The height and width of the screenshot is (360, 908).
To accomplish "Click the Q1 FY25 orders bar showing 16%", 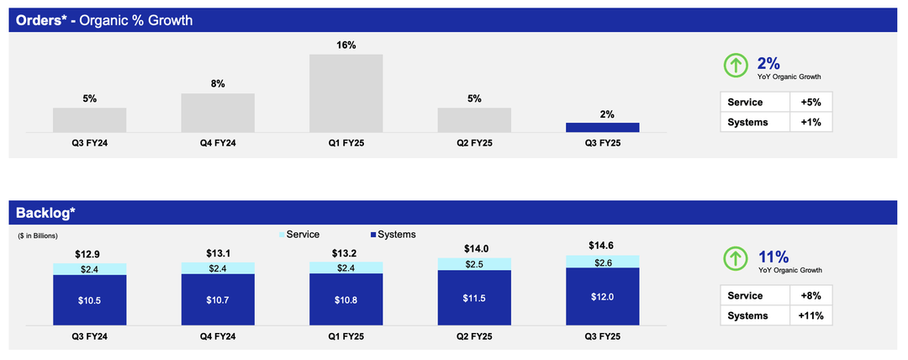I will pyautogui.click(x=346, y=93).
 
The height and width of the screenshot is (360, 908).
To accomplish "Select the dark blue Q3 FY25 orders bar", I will pyautogui.click(x=602, y=128).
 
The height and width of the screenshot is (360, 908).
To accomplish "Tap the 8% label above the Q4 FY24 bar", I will pyautogui.click(x=218, y=84).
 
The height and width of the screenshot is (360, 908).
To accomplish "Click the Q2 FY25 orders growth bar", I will pyautogui.click(x=474, y=120).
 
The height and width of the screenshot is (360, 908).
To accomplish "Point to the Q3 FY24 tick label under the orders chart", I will pyautogui.click(x=89, y=142).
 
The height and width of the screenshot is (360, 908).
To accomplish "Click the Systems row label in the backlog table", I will pyautogui.click(x=748, y=315).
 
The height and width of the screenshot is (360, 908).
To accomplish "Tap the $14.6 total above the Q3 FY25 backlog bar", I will pyautogui.click(x=602, y=246).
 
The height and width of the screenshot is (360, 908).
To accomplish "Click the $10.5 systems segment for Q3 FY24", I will pyautogui.click(x=89, y=300).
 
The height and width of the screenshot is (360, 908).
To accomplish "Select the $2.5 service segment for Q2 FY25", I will pyautogui.click(x=474, y=264).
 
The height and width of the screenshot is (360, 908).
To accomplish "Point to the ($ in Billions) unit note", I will pyautogui.click(x=38, y=236).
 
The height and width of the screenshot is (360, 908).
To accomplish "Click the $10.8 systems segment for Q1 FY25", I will pyautogui.click(x=346, y=299).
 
